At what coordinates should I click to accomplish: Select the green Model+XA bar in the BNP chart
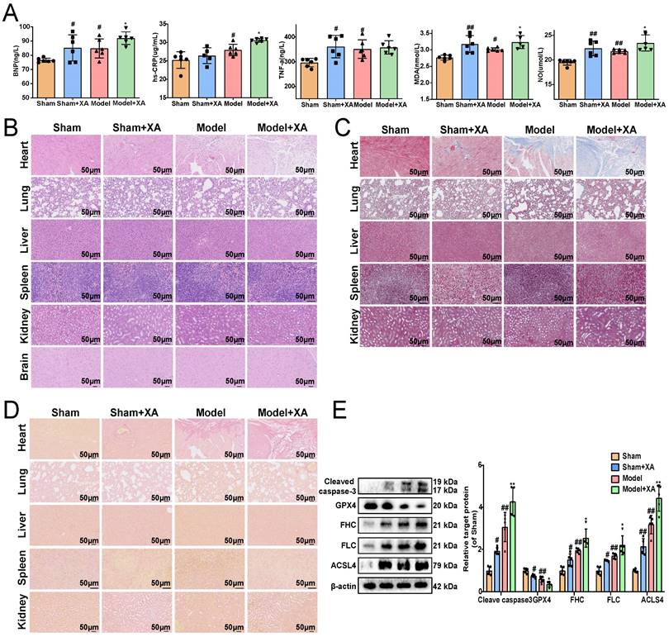(126, 68)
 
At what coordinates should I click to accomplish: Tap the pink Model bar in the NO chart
(619, 75)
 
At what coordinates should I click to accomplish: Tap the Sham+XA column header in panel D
(137, 411)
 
